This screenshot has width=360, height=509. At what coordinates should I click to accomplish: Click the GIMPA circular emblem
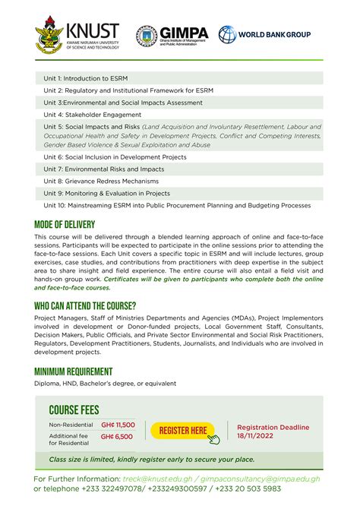147,35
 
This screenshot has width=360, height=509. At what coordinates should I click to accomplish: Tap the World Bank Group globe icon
227,34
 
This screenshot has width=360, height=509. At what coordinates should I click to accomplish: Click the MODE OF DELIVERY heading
65,224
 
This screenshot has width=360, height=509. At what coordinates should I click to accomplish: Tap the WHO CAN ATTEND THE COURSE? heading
90,285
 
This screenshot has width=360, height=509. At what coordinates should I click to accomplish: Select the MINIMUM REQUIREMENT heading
74,371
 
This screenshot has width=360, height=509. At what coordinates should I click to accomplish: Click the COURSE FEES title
81,410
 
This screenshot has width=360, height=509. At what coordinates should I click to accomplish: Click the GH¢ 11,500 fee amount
118,425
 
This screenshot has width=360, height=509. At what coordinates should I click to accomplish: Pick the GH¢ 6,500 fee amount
117,437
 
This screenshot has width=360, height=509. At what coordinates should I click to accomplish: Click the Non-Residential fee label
71,425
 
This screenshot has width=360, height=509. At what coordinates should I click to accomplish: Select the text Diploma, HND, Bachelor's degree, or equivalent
105,384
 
